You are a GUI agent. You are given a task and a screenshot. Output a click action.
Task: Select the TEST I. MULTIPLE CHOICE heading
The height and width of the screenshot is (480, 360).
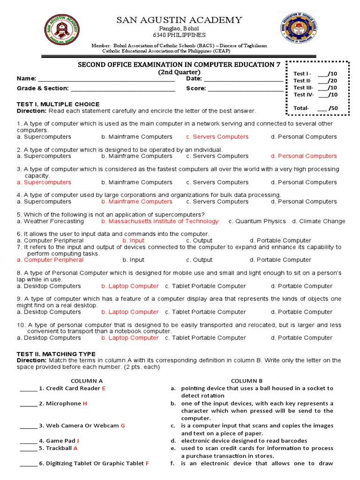pos(58,104)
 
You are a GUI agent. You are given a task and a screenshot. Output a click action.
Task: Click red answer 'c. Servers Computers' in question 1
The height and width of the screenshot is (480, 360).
pos(217,137)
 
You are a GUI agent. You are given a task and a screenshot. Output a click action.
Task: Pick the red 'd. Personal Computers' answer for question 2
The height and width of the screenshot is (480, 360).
pos(303,156)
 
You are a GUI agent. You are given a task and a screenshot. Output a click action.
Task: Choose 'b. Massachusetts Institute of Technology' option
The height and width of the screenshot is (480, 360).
pos(160,221)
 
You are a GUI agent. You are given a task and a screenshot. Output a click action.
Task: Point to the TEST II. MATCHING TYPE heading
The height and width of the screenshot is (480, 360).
pos(56,354)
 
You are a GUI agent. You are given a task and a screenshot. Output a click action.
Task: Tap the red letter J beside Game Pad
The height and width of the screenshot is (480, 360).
pos(78,441)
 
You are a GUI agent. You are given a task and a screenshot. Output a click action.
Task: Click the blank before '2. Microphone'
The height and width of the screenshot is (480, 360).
pos(28,404)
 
